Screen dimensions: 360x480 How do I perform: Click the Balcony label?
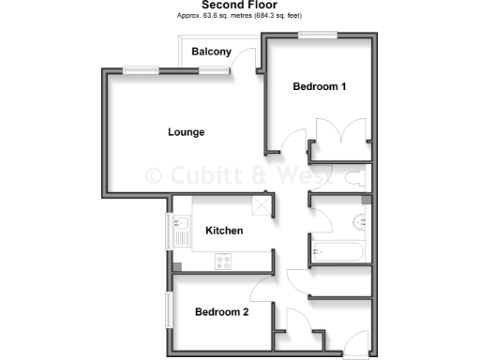[211, 52]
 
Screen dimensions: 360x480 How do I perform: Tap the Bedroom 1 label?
[320, 87]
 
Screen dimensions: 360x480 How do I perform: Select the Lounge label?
[186, 132]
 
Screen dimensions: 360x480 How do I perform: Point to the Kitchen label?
[224, 231]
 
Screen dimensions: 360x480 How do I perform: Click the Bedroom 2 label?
[221, 312]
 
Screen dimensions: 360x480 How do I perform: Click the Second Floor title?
[239, 6]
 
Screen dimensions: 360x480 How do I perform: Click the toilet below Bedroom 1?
[357, 176]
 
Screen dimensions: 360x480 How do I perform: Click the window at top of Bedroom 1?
[318, 36]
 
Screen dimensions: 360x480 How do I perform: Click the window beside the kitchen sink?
[170, 231]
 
